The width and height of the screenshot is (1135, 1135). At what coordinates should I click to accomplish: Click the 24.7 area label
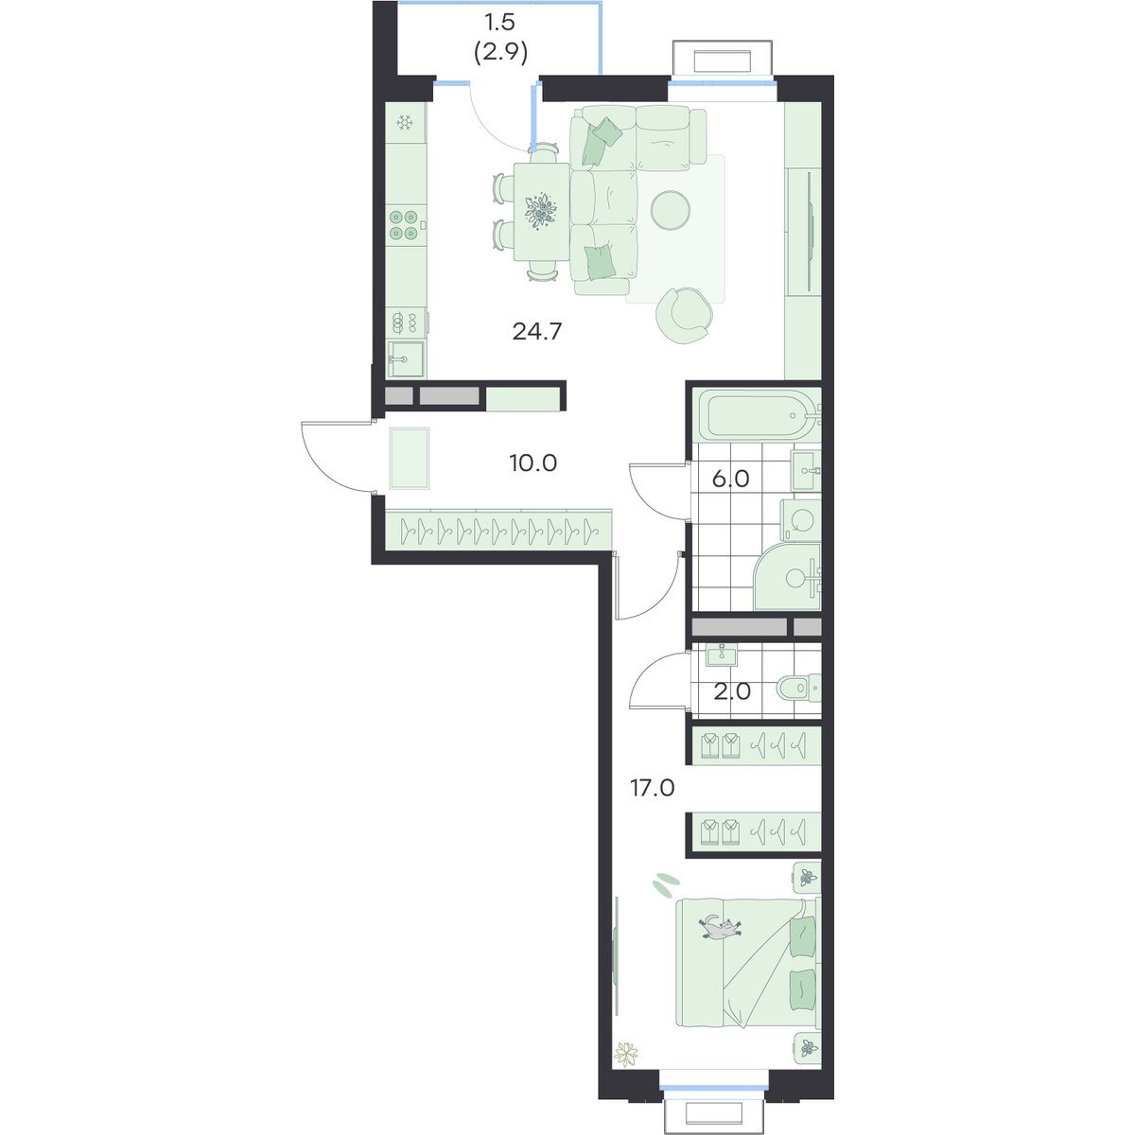pos(537,332)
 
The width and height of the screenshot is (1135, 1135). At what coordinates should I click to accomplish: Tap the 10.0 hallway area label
pos(533,463)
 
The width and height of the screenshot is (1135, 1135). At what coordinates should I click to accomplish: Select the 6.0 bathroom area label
pos(730,480)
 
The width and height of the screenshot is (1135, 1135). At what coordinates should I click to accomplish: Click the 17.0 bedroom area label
pos(652,788)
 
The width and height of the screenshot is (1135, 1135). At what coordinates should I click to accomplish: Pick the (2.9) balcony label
pos(500,54)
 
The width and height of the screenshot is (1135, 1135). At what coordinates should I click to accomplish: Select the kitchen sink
pos(405,359)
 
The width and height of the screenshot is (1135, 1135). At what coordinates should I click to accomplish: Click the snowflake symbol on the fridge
pos(404,123)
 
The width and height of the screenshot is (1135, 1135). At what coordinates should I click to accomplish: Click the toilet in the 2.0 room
pos(798,687)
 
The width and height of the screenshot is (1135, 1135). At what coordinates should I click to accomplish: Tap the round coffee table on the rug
pos(671,210)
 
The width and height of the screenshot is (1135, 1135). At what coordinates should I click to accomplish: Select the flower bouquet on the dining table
pos(540,210)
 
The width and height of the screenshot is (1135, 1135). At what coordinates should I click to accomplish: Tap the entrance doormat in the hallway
pos(410,458)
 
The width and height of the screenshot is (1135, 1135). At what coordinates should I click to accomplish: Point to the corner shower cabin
pos(788,577)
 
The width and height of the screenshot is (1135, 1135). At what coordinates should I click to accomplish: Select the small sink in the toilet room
pos(721,655)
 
